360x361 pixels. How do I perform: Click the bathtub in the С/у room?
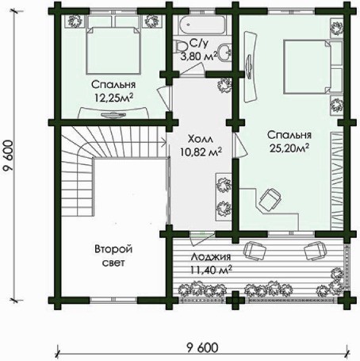[x=202, y=25]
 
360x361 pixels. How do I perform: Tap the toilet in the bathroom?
[x=181, y=47]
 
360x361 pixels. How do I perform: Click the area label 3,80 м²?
[x=199, y=56]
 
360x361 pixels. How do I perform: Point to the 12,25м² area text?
[x=113, y=98]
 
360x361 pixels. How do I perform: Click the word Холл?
[x=200, y=139]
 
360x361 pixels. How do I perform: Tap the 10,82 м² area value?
[x=201, y=152]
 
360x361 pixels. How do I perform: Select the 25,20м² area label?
[x=289, y=148]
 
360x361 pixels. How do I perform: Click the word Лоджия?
[x=211, y=257]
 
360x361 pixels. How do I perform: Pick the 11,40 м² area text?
[x=211, y=270]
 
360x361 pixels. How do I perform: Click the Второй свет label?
[x=113, y=255]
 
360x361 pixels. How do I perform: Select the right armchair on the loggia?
[x=316, y=251]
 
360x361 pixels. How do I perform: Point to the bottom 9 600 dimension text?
[x=203, y=348]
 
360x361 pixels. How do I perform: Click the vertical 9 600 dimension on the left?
[x=9, y=156]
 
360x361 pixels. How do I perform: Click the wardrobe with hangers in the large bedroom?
[x=337, y=180]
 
